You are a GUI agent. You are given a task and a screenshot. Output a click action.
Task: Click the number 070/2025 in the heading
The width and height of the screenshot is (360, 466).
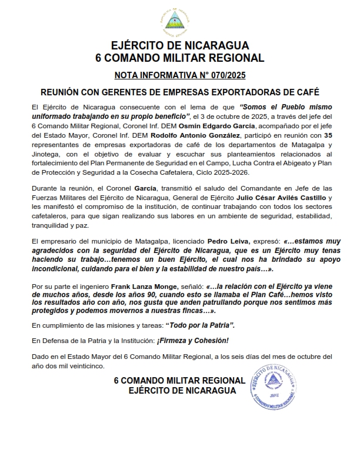[225, 75]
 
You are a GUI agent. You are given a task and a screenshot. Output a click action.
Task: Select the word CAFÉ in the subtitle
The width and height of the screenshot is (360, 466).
[305, 92]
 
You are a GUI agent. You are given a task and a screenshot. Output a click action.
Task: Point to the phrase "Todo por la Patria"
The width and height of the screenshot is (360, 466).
[201, 325]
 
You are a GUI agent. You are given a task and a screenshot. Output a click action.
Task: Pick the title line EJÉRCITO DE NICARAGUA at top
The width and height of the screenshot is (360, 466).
[179, 45]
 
